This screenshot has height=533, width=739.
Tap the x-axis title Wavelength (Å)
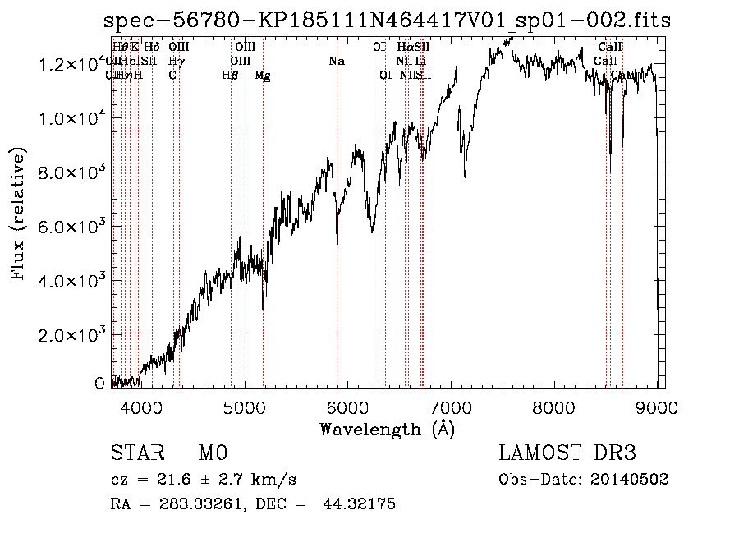(387, 429)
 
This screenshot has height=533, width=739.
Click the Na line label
(336, 61)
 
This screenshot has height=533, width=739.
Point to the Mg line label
(263, 76)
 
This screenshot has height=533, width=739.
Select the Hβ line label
(231, 76)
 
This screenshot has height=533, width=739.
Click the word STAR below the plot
(136, 453)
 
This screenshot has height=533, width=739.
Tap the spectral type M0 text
(212, 453)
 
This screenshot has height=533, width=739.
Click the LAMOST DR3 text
(567, 453)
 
